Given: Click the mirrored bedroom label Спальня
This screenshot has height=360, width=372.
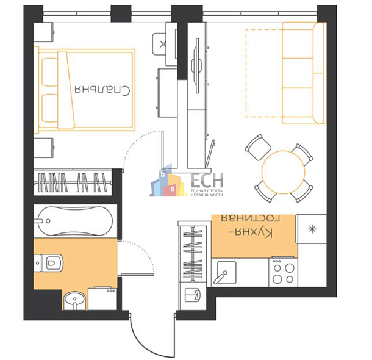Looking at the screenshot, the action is point(102,90).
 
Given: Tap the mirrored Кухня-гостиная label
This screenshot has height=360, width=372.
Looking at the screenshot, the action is point(251,226).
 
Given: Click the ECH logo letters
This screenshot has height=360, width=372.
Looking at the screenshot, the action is point(207,180).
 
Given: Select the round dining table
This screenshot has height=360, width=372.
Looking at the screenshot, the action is point(283,172).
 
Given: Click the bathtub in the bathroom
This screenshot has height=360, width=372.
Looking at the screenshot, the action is point(75,221).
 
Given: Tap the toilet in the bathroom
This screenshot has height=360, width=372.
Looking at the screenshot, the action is point(49,263).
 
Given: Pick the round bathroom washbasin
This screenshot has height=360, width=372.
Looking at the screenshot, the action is point(74,301).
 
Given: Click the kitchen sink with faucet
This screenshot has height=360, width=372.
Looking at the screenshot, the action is point(225,272).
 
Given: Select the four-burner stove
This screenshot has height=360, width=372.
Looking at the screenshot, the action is point(283,272).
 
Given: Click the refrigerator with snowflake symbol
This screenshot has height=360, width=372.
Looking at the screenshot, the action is point(312,229).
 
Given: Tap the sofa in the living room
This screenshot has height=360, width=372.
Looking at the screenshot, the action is point(304,73).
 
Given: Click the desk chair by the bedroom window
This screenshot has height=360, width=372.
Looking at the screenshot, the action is point(159,44).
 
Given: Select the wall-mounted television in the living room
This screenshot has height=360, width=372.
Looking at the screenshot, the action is point(198,65).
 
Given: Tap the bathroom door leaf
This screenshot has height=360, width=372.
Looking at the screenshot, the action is point(137,275).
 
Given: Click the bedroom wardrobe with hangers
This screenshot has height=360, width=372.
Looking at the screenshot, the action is point(73,182).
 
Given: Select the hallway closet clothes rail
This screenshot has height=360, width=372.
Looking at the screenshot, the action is point(193,254).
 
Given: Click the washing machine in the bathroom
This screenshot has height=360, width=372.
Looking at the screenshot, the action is point(102,298).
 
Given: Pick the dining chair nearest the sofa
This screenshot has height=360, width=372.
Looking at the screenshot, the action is point(258,147).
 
